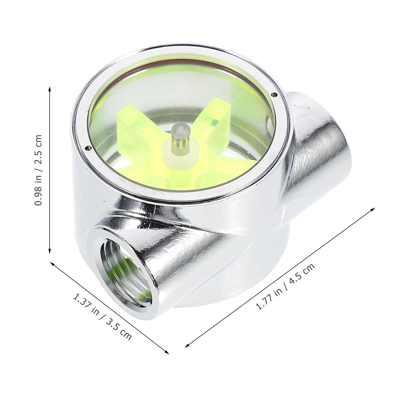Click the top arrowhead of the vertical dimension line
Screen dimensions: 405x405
point(50,89)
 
